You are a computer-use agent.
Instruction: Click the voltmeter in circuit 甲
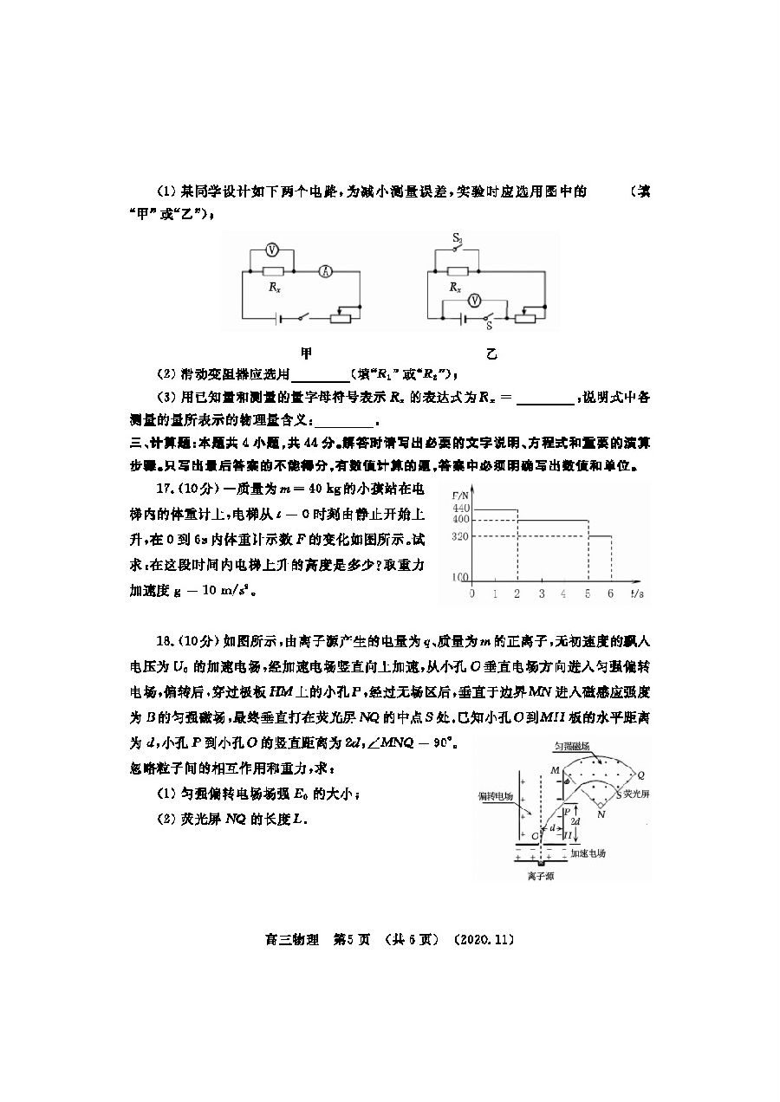[x=270, y=250]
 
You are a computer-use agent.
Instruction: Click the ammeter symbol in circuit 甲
[x=326, y=271]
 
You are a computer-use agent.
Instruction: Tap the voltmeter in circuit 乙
[x=474, y=300]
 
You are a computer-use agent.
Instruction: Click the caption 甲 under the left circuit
[x=306, y=353]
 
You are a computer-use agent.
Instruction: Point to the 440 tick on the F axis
[x=459, y=508]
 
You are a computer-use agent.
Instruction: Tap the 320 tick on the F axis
[x=459, y=536]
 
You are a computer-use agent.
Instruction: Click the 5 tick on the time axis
[x=588, y=594]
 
